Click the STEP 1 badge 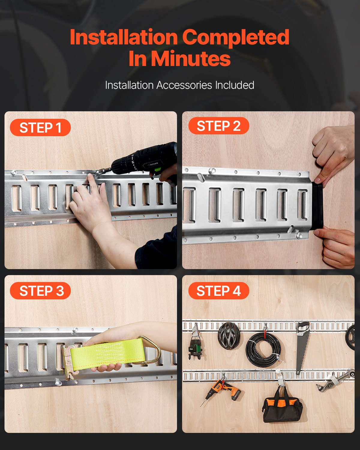[x=40, y=127]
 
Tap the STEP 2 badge [x=219, y=126]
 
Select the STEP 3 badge [x=40, y=290]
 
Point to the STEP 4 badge [x=219, y=290]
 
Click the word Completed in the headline [x=236, y=37]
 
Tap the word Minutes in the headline [x=190, y=58]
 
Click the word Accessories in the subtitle [x=184, y=85]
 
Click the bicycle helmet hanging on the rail [x=229, y=336]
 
